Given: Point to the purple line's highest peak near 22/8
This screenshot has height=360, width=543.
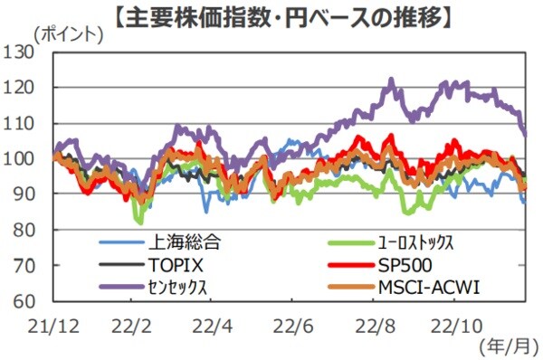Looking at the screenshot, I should [x=391, y=81].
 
